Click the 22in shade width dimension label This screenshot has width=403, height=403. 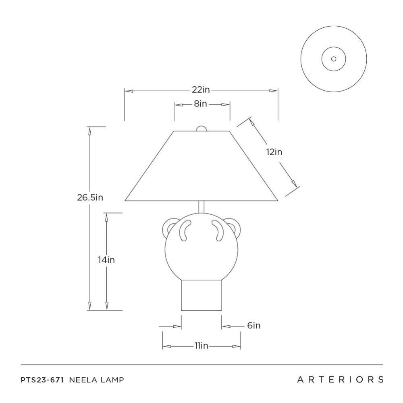pyautogui.click(x=201, y=90)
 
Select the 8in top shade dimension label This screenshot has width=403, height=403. pyautogui.click(x=200, y=104)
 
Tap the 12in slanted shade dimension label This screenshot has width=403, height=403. pyautogui.click(x=274, y=152)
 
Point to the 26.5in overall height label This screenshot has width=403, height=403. pyautogui.click(x=90, y=197)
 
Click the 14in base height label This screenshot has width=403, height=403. pyautogui.click(x=106, y=260)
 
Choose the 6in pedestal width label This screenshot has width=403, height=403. pyautogui.click(x=254, y=326)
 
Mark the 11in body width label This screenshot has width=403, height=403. pyautogui.click(x=201, y=346)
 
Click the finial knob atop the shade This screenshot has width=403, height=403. pyautogui.click(x=201, y=129)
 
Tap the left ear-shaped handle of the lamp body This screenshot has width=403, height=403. pyautogui.click(x=169, y=226)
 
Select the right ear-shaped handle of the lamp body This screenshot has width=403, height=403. pyautogui.click(x=233, y=226)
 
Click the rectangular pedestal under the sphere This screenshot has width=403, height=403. pyautogui.click(x=201, y=295)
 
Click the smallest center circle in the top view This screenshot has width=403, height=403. pyautogui.click(x=334, y=59)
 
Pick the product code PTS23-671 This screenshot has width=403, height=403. pyautogui.click(x=42, y=380)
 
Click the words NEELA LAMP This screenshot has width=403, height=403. pyautogui.click(x=96, y=380)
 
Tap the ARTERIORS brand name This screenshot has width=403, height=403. pyautogui.click(x=340, y=380)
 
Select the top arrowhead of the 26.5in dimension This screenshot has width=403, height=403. pyautogui.click(x=90, y=131)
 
